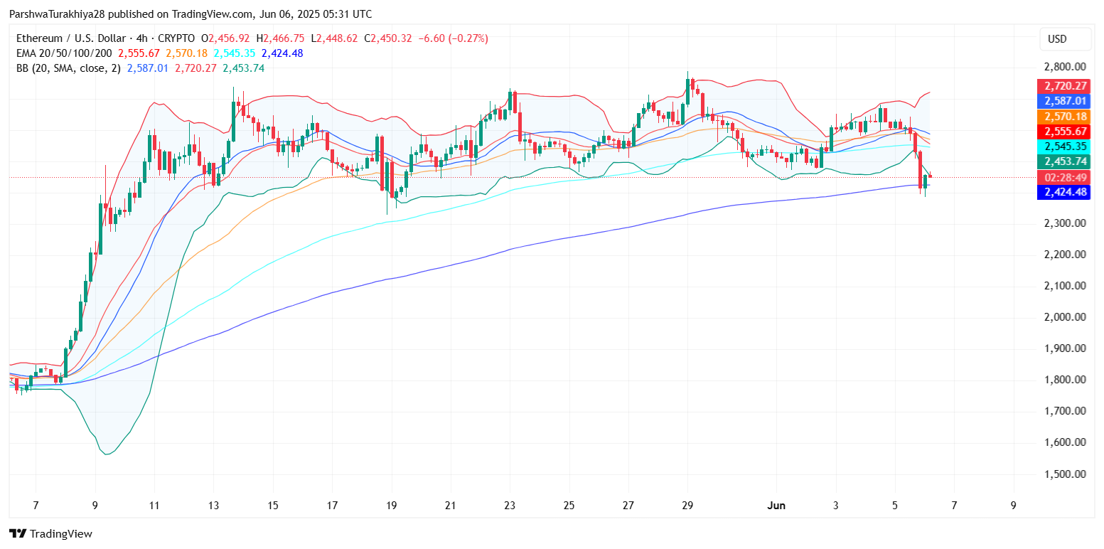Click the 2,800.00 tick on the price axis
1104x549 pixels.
(x=1064, y=67)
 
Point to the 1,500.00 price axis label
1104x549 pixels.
(x=1064, y=474)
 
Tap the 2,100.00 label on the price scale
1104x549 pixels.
(x=1064, y=286)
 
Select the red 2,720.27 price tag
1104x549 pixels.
(x=1064, y=86)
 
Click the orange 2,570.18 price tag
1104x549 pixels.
(x=1064, y=117)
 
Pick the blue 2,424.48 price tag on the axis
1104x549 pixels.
(x=1064, y=192)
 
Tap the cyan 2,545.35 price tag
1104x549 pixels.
(x=1064, y=146)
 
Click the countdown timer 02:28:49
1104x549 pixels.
(x=1064, y=177)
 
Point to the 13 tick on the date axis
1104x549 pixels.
(x=213, y=506)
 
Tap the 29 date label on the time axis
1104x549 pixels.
(x=687, y=506)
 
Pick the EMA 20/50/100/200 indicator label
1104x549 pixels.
(x=63, y=53)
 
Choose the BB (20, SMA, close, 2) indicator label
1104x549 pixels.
(x=68, y=68)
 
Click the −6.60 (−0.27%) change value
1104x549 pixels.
(x=454, y=38)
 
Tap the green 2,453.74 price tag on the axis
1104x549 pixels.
(x=1064, y=161)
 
